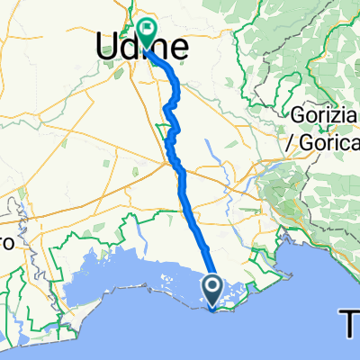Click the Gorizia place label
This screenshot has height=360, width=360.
324,115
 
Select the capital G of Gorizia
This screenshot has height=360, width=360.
298,115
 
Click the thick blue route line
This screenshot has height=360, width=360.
186,189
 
